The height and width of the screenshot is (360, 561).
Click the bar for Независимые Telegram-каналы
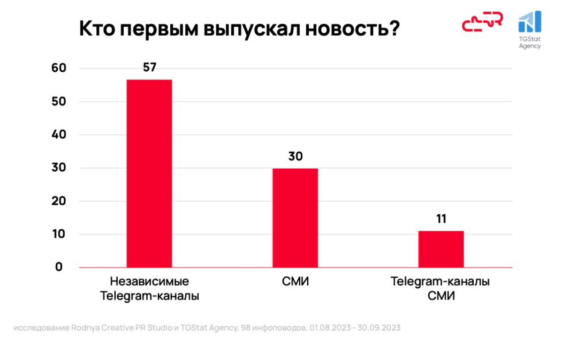(x=149, y=173)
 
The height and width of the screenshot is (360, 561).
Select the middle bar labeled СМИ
(x=295, y=218)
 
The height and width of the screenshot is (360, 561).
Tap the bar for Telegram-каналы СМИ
(x=441, y=249)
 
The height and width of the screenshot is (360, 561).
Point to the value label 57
(x=149, y=67)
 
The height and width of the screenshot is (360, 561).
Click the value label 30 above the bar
(x=295, y=156)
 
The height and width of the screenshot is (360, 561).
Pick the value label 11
(x=441, y=219)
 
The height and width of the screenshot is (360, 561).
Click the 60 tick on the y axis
(x=59, y=68)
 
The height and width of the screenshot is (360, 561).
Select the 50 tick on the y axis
(x=59, y=102)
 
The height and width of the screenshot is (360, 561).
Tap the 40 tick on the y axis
(x=59, y=135)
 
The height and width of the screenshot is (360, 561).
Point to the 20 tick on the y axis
(x=59, y=202)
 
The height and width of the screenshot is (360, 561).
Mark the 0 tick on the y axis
(x=59, y=267)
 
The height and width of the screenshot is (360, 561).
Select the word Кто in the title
(x=97, y=29)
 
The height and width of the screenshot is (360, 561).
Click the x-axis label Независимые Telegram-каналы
(x=150, y=289)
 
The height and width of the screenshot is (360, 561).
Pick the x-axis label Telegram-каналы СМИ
(x=440, y=289)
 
